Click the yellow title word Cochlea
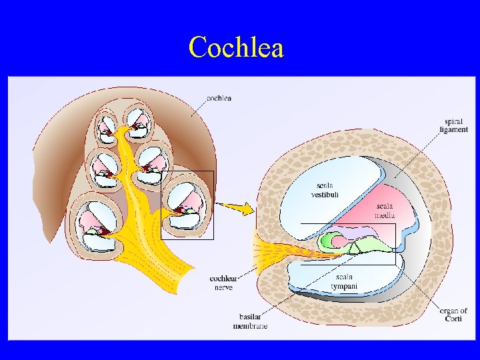click(236, 47)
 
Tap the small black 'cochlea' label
click(219, 99)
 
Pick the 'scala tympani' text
click(344, 281)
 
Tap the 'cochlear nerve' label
click(221, 282)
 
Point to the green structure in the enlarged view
click(328, 240)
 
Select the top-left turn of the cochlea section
click(107, 127)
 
